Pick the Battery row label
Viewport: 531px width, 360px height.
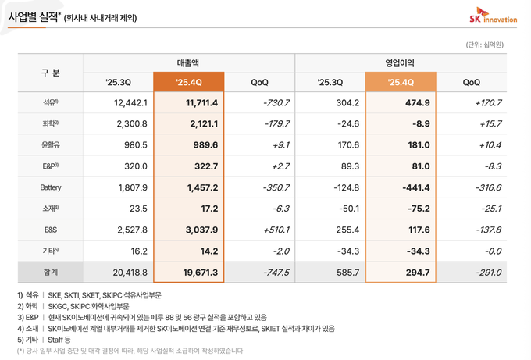point(50,187)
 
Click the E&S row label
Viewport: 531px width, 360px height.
point(50,230)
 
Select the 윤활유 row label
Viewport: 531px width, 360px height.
point(50,144)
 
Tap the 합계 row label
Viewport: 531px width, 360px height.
point(50,272)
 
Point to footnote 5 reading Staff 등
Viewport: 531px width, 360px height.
point(47,340)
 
